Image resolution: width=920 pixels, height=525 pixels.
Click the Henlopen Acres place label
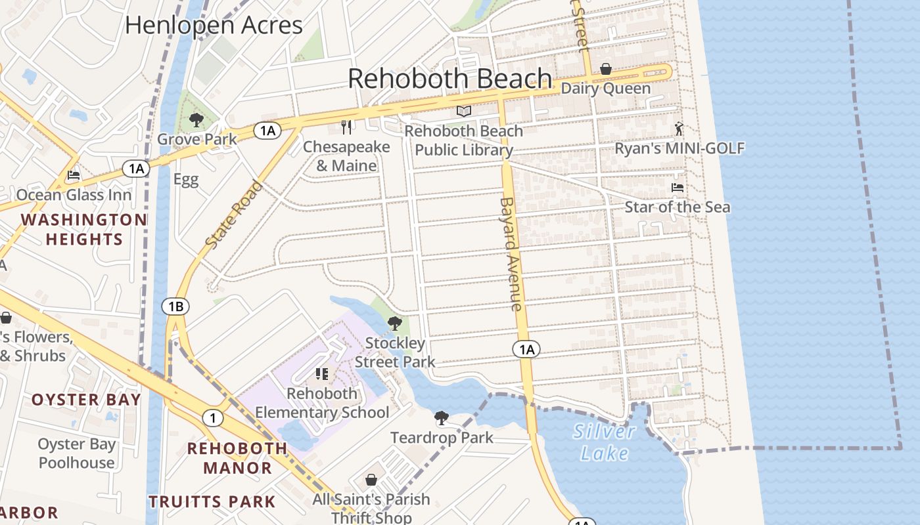coord(214,25)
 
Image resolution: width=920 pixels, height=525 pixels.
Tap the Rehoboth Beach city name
coord(449,78)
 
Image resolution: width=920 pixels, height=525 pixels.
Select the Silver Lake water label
coord(604,442)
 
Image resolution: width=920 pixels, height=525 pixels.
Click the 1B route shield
coord(175,306)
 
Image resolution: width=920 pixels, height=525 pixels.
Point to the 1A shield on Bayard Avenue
coord(526,349)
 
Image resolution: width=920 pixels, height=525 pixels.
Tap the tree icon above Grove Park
coord(196,119)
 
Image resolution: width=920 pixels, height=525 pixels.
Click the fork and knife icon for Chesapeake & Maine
coord(346,127)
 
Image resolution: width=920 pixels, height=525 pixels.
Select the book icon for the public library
coord(464,111)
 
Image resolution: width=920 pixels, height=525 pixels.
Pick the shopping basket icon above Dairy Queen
coord(605,69)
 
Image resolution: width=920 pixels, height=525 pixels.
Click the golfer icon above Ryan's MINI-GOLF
coord(679,129)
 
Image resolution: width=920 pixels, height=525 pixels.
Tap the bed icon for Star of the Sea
coord(678,188)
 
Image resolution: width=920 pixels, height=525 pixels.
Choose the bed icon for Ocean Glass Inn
coord(74,175)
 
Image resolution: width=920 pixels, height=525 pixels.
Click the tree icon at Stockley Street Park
coord(395,323)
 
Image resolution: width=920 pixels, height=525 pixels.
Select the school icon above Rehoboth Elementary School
coord(322,374)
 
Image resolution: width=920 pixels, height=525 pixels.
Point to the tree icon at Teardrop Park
coord(442,417)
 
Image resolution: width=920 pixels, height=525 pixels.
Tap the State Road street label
coord(235,215)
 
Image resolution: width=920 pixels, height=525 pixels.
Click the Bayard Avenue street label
coord(511,254)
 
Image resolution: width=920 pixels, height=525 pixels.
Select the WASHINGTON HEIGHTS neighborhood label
coord(84,229)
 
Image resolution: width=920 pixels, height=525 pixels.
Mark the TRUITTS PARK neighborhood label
coord(212,502)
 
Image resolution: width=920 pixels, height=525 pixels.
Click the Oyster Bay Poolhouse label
coord(77,453)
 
